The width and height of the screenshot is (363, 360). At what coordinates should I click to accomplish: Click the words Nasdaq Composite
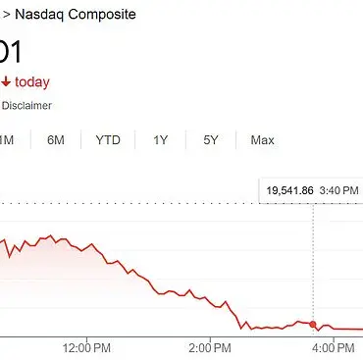76,15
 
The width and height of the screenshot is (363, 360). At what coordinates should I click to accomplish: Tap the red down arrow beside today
7,82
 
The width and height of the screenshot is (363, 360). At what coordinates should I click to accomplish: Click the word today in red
32,82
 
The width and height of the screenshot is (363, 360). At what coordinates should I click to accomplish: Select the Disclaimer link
26,106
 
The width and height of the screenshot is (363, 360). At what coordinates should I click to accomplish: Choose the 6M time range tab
57,140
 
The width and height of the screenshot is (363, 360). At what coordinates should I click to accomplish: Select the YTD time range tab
108,140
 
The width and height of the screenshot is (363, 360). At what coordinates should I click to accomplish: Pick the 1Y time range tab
161,140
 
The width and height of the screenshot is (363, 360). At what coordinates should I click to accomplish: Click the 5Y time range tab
211,140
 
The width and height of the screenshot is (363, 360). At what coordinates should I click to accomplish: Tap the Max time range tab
262,140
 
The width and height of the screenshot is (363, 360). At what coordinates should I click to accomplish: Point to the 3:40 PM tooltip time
337,188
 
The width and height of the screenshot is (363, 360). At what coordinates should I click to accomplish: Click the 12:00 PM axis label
85,347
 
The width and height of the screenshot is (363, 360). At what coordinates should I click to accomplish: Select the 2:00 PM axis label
210,347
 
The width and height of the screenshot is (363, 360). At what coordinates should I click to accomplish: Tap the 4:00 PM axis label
335,347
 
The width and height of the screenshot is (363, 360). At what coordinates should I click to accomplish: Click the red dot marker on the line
313,324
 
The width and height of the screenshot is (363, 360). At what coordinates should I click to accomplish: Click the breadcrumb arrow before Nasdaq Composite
4,15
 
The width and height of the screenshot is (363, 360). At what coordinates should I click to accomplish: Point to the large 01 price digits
11,51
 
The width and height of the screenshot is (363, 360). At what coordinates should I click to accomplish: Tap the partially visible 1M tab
6,140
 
